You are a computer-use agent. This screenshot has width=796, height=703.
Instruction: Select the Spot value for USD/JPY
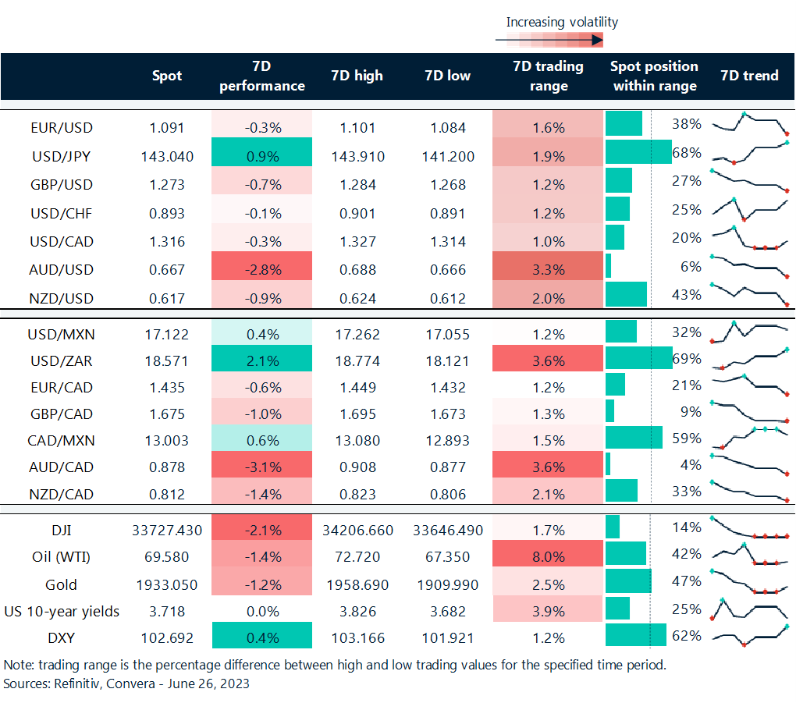(x=167, y=156)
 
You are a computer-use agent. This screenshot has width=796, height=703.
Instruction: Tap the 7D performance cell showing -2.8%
(x=261, y=270)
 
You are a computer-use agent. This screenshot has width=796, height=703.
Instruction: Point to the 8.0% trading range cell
(x=548, y=557)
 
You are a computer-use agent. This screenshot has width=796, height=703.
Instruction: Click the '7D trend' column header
(x=749, y=76)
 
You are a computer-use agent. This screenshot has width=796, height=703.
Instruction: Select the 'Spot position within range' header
(x=654, y=76)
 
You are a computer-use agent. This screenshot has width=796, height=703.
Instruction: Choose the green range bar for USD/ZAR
(x=638, y=359)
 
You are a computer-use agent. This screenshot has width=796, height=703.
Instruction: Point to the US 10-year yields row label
(x=62, y=611)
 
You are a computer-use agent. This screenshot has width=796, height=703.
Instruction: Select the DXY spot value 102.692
(x=167, y=637)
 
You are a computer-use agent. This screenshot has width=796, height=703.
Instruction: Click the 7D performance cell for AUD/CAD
(x=261, y=467)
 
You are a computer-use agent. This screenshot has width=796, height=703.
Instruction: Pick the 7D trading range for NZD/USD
(x=548, y=298)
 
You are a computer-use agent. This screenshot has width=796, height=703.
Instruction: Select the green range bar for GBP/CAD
(x=609, y=411)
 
